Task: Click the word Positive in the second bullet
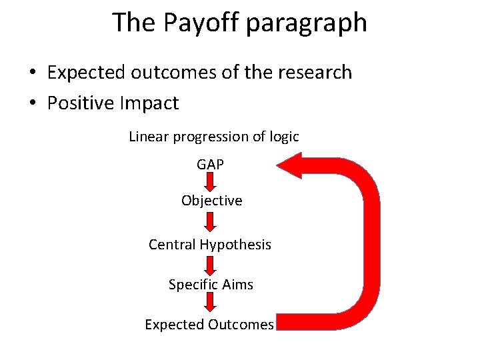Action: point(81,103)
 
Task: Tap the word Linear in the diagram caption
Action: point(149,137)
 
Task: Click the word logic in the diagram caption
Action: point(284,137)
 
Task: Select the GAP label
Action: point(211,163)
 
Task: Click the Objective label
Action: point(211,201)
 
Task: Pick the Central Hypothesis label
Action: point(210,245)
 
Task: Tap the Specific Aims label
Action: point(211,285)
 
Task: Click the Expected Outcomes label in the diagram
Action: point(209,325)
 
